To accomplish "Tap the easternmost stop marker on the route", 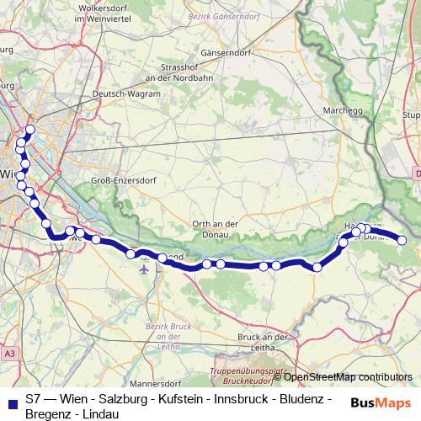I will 402,240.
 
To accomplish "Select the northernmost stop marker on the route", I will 30,130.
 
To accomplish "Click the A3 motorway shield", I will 8,354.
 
